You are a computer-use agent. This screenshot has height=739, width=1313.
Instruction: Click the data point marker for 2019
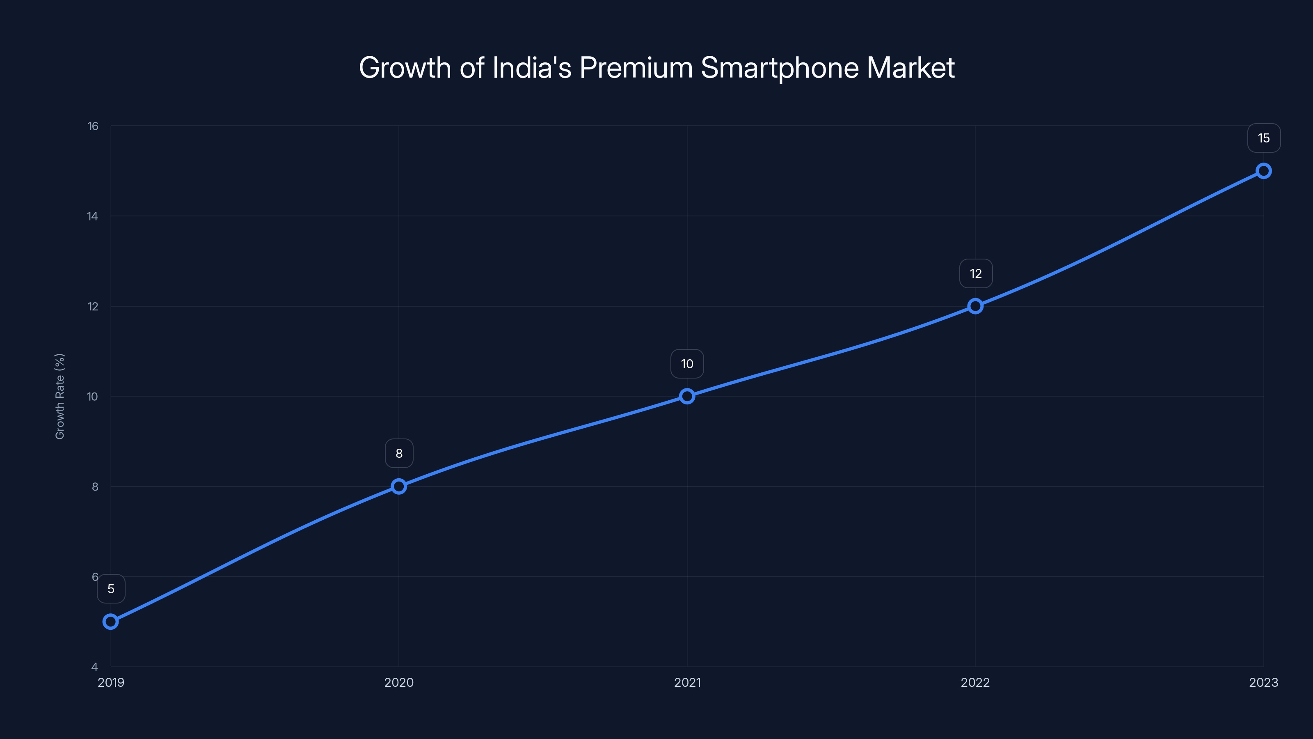(111, 622)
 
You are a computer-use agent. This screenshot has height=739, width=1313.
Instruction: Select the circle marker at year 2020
(399, 487)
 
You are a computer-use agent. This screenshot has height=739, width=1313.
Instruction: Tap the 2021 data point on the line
(687, 396)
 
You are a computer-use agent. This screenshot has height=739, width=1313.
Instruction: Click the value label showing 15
(1264, 138)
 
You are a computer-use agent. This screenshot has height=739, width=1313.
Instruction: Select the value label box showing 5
(111, 589)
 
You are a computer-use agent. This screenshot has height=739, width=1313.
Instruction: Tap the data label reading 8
(399, 453)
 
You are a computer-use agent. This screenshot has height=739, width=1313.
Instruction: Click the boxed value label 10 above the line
(687, 364)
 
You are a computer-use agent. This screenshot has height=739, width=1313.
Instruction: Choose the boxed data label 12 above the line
(976, 274)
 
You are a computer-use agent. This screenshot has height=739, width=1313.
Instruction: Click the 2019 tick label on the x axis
(111, 682)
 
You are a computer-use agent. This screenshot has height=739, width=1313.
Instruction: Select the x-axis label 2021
(687, 682)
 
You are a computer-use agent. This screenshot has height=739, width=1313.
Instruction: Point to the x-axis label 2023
(1263, 682)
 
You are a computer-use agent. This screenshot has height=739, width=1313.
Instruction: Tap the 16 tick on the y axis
(93, 126)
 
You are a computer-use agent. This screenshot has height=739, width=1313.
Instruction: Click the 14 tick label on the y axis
(92, 216)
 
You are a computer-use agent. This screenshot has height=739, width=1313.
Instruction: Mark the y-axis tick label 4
(94, 667)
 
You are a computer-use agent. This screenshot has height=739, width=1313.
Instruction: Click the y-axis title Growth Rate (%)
(59, 396)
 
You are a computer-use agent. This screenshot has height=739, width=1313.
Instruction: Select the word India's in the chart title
(532, 68)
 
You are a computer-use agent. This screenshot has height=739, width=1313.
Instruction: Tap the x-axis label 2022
(975, 682)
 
